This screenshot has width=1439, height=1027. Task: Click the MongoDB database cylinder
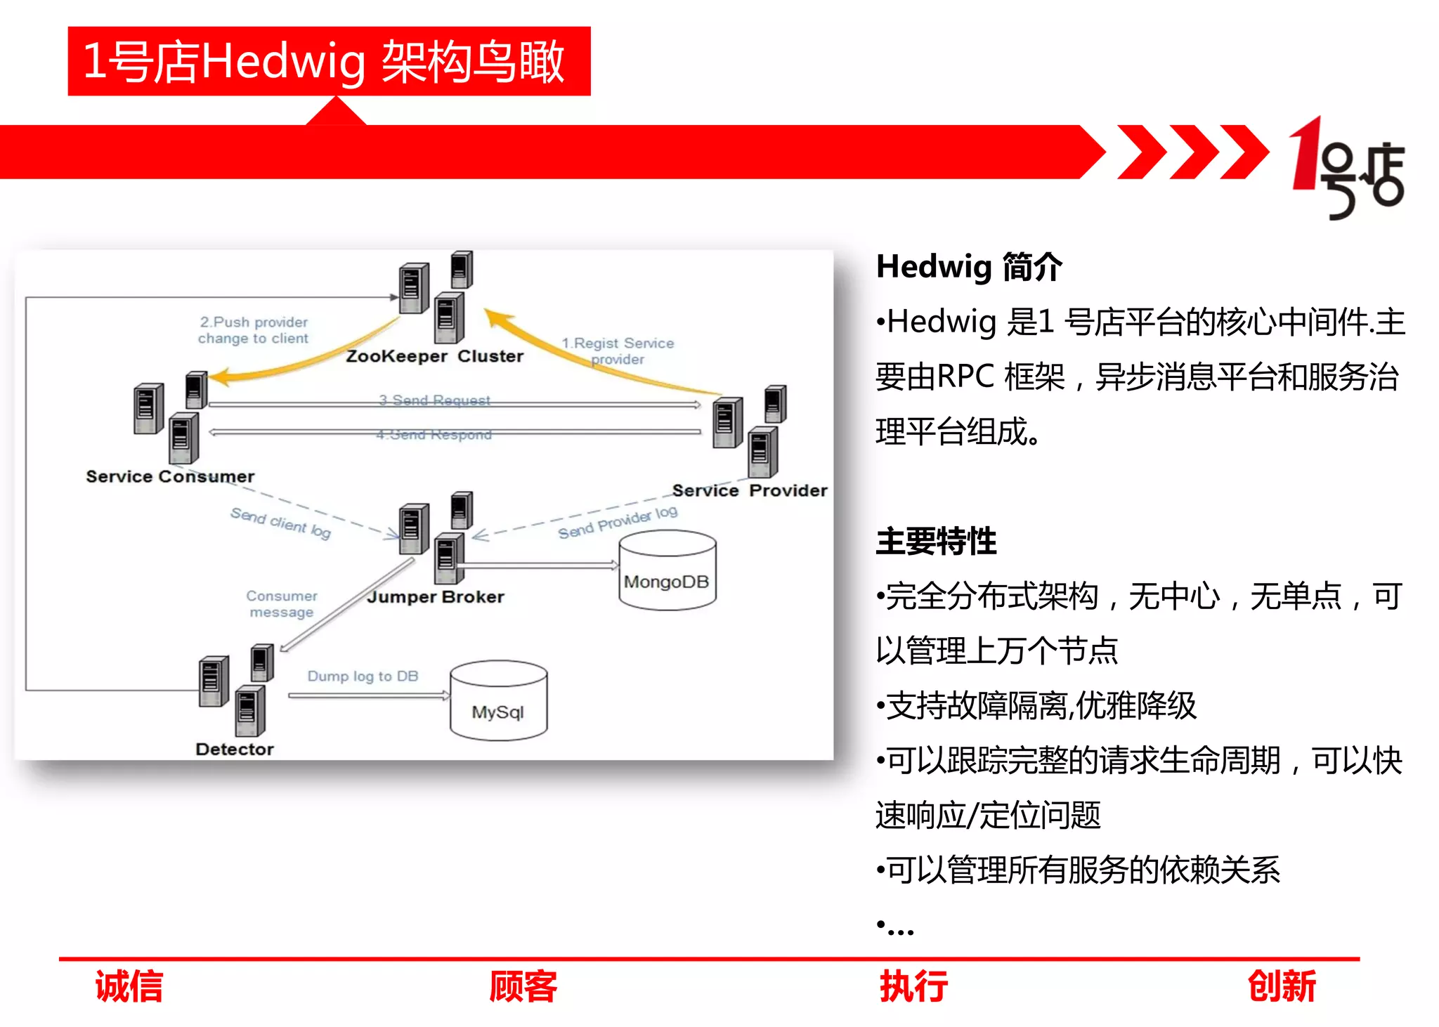[x=667, y=570]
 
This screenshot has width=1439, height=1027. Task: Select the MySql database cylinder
[x=498, y=700]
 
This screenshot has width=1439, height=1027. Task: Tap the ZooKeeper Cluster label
[x=434, y=356]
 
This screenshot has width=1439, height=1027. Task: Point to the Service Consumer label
[x=170, y=476]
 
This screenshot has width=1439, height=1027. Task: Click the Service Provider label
[x=749, y=490]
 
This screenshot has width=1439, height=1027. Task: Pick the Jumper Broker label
[x=436, y=597]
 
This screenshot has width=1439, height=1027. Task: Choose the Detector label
[x=235, y=749]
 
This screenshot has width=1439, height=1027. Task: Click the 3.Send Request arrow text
[x=434, y=400]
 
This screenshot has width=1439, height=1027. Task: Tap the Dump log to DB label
[x=363, y=676]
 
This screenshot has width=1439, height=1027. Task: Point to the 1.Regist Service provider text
[x=618, y=351]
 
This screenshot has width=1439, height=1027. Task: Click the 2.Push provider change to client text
[x=254, y=330]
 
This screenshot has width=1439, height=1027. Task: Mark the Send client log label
[x=280, y=523]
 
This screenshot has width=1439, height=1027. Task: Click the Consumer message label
[x=282, y=603]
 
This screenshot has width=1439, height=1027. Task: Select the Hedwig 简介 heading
[x=969, y=267]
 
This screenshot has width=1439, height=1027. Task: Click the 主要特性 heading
[x=936, y=541]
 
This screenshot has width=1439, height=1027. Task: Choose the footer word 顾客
[x=523, y=986]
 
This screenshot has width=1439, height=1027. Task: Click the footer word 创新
[x=1281, y=986]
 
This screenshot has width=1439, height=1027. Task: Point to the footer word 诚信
[x=129, y=986]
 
